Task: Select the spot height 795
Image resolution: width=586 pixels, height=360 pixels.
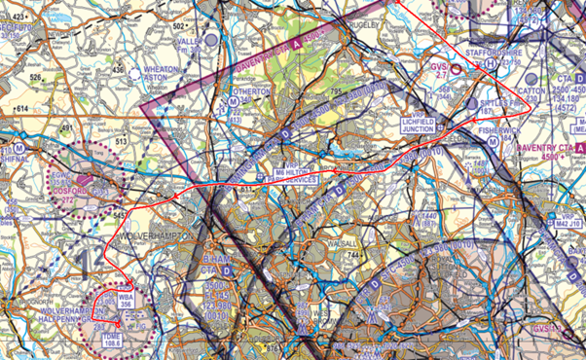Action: click(x=336, y=92)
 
